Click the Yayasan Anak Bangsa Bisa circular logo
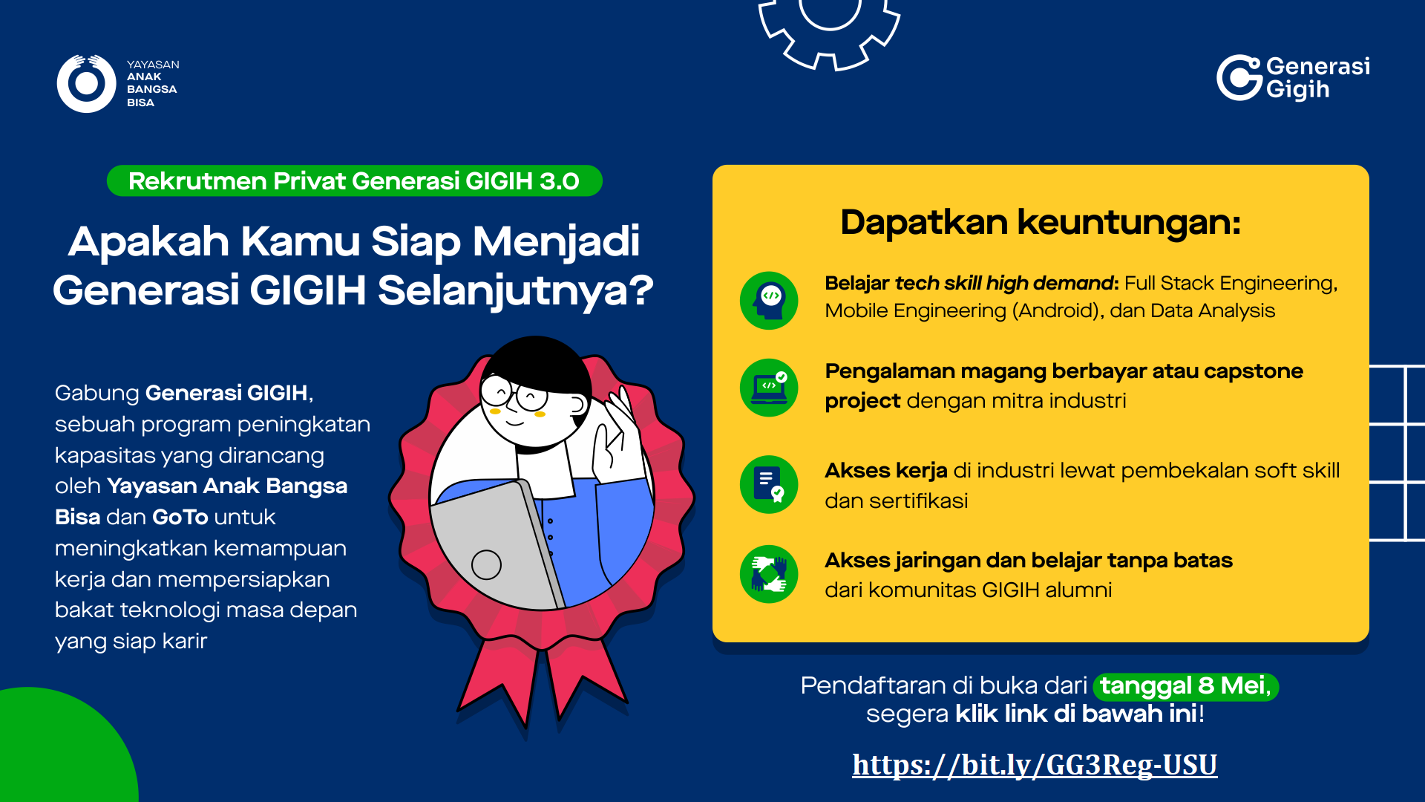tap(86, 84)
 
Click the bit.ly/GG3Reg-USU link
tap(1035, 765)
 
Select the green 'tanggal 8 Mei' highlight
tap(1186, 686)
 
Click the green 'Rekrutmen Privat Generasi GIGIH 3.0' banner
tap(354, 181)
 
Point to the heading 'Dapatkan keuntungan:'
tap(1041, 222)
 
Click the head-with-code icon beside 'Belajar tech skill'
tap(769, 300)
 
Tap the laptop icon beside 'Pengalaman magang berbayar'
tap(769, 388)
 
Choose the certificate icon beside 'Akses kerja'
tap(769, 484)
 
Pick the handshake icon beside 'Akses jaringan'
tap(769, 574)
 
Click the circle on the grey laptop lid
tap(486, 564)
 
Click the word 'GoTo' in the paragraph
tap(180, 517)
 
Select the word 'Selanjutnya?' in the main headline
tap(516, 290)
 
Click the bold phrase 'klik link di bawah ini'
tap(1076, 714)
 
